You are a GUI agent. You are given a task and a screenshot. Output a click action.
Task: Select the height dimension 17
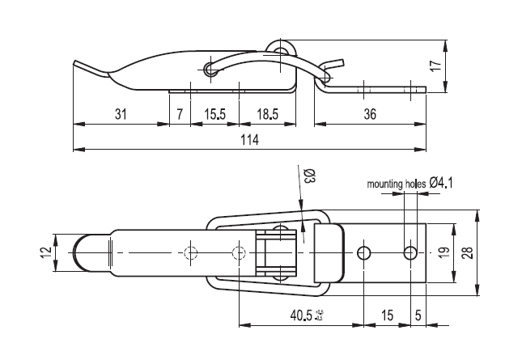[435, 66]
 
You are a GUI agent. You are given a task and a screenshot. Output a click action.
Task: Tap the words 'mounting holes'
[396, 184]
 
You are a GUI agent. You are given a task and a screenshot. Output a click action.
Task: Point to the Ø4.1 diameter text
[442, 183]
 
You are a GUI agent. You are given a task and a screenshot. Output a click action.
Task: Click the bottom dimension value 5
[418, 314]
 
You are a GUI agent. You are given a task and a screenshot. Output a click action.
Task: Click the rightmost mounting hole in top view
[411, 253]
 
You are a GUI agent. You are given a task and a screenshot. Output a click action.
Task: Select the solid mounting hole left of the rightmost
[365, 253]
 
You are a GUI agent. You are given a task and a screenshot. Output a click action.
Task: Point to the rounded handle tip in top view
[83, 253]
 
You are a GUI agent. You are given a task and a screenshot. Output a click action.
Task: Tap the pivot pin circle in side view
[211, 69]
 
